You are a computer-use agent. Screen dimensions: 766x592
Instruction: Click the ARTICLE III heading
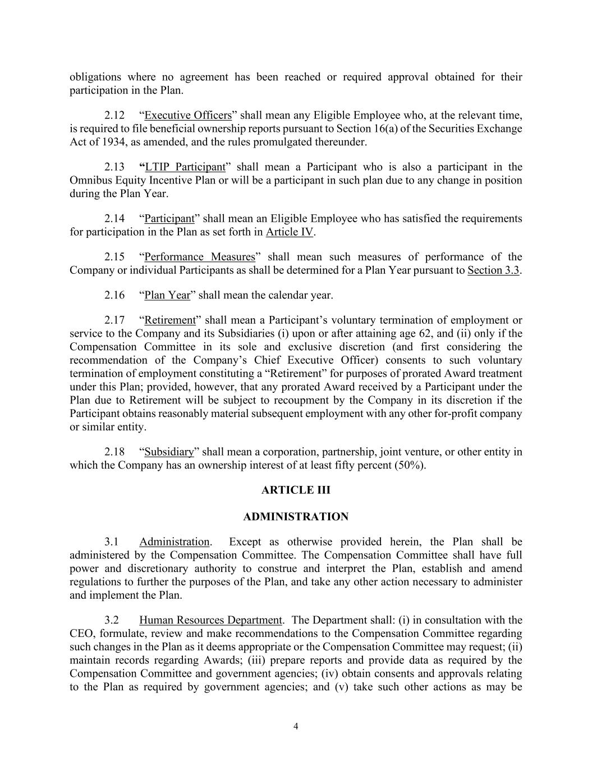pos(296,490)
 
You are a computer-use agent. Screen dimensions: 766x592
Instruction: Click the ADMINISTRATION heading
pos(296,517)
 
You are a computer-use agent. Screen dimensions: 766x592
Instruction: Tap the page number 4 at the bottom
pos(296,727)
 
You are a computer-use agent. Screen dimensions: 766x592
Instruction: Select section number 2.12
pos(114,116)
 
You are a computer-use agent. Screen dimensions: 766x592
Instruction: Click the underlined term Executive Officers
pos(188,116)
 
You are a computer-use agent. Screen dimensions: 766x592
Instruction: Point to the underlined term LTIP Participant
pos(185,167)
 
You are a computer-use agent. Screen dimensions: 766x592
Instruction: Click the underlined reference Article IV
pos(290,232)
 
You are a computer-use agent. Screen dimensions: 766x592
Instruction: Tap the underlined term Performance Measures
pos(200,257)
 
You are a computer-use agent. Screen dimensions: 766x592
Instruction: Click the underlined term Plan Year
pos(167,295)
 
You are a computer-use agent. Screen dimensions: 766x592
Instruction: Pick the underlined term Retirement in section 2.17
pos(170,320)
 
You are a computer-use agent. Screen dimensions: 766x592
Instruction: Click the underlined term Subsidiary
pos(169,452)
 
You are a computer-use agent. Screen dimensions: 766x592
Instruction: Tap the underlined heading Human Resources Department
pos(210,620)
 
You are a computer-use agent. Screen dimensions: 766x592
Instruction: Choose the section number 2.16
pos(114,295)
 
